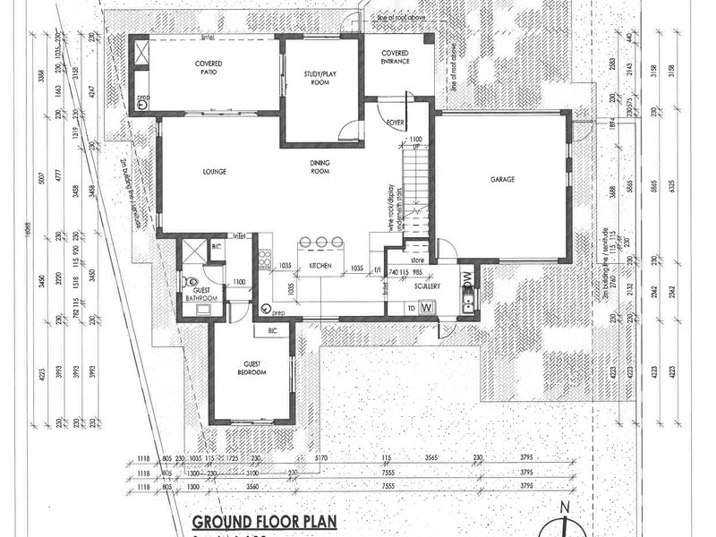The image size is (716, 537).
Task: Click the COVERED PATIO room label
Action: pos(208,69)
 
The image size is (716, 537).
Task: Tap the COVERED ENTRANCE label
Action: pos(395,57)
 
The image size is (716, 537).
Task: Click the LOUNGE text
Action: pos(213,172)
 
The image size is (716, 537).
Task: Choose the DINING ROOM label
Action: pos(321,167)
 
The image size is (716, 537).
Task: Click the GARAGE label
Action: pos(502,179)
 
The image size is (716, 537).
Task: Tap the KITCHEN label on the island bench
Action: pos(321,267)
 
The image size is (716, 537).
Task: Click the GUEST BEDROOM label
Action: pos(251,368)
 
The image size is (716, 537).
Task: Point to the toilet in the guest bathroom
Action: pos(191,282)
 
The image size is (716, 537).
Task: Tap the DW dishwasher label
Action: pos(465,277)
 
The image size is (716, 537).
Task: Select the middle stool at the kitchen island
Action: pos(321,243)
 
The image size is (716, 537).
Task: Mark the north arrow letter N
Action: pos(564,509)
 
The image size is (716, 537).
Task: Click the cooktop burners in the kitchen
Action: pos(264,261)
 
